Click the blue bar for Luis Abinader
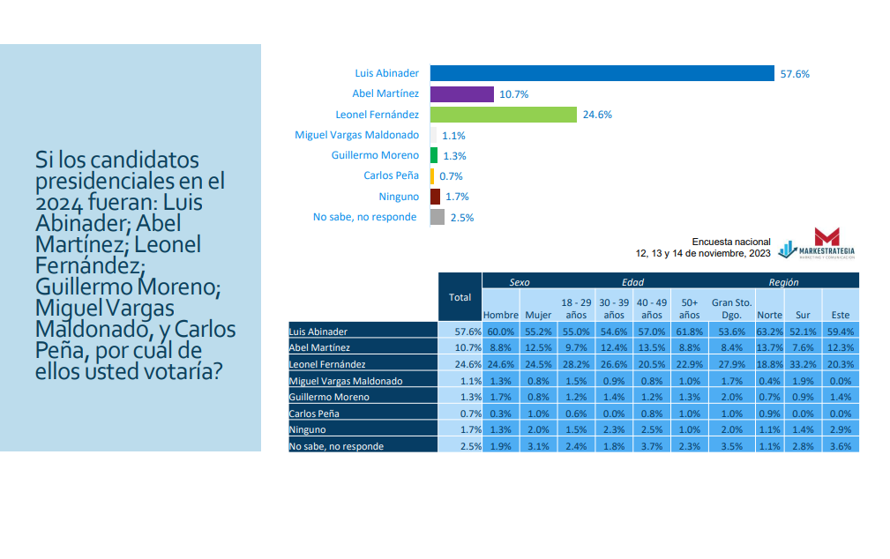[x=602, y=73]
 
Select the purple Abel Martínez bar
[x=462, y=94]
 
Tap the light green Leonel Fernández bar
[x=504, y=115]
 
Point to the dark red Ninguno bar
[x=436, y=197]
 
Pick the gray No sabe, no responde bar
[x=438, y=217]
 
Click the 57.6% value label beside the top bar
[x=795, y=74]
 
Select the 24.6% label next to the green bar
[x=597, y=115]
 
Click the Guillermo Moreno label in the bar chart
[x=375, y=155]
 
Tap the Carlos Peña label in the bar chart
[x=391, y=175]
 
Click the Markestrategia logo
[x=818, y=243]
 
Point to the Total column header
[x=460, y=297]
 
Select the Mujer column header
[x=538, y=315]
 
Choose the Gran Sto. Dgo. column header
[x=731, y=309]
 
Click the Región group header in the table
[x=783, y=282]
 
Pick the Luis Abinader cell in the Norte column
[x=770, y=332]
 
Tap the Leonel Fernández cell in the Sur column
[x=804, y=364]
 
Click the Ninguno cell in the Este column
[x=841, y=429]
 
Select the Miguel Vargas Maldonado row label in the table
[x=346, y=381]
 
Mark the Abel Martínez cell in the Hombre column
[x=501, y=347]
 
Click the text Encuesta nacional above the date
[x=731, y=242]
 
